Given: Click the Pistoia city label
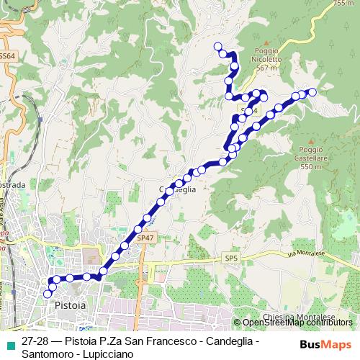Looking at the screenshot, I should [x=70, y=305].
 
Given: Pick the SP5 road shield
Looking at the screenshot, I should [x=230, y=258].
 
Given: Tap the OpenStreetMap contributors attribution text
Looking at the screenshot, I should [x=297, y=323].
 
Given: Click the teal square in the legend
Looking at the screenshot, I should [x=9, y=345].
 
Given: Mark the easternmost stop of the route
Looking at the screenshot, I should [x=312, y=91].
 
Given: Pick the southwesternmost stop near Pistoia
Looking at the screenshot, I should [x=48, y=293].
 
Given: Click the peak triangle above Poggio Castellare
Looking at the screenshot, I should [x=310, y=143].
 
